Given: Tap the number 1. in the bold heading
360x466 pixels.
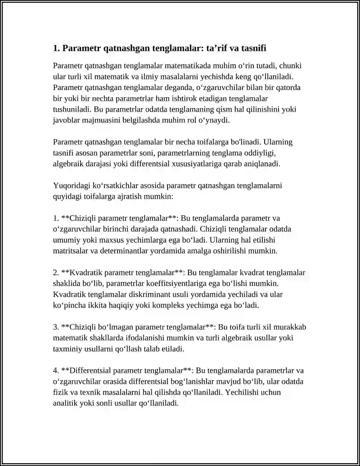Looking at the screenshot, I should click(x=56, y=48).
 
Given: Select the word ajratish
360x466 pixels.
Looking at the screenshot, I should click(x=135, y=196).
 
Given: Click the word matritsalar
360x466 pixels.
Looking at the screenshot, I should click(x=71, y=250).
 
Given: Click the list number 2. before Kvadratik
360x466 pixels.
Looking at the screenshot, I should click(x=56, y=272).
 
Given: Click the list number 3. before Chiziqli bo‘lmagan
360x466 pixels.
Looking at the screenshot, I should click(x=56, y=327).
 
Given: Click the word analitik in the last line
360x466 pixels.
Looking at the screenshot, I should click(x=65, y=403).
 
